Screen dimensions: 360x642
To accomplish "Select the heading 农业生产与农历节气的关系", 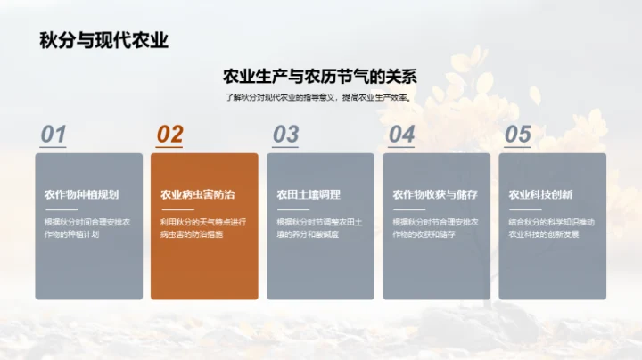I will [320, 77].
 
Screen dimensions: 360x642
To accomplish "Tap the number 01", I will [53, 135].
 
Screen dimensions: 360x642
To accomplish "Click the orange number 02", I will [169, 135].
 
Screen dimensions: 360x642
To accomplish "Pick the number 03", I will [285, 135].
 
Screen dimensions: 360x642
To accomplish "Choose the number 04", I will [401, 135].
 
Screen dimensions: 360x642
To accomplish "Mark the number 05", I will [517, 135].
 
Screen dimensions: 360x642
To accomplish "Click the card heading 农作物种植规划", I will [81, 194].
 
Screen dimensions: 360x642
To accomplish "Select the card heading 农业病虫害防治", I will [197, 194].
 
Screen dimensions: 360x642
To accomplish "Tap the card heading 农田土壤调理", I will [308, 194].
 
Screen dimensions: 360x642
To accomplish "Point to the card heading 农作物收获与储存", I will [434, 194].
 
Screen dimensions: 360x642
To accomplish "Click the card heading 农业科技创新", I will [540, 194].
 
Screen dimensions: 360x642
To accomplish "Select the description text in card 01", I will [87, 228].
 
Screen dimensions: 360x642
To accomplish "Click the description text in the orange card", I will [202, 228].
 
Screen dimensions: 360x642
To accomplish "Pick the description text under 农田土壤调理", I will [319, 228].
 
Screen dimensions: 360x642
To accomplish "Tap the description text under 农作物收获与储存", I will [435, 228].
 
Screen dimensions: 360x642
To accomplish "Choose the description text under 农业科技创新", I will [551, 228].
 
